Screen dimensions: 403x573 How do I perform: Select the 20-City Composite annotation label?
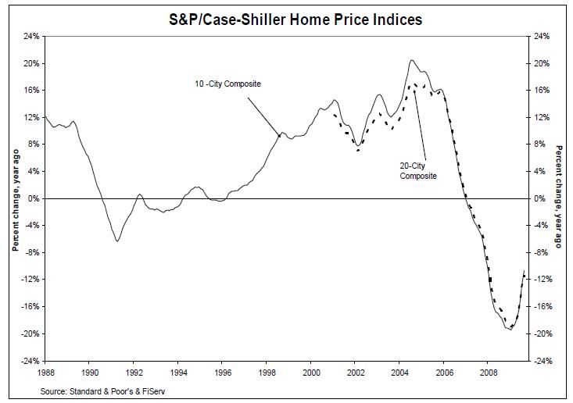pyautogui.click(x=416, y=170)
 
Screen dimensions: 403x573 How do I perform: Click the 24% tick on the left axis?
pyautogui.click(x=30, y=36)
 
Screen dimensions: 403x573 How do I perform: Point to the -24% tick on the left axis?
pyautogui.click(x=29, y=361)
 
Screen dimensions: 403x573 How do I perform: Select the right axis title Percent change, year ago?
pyautogui.click(x=560, y=198)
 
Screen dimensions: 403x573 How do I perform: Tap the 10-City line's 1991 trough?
pyautogui.click(x=117, y=241)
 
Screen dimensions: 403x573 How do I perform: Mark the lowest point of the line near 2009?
pyautogui.click(x=510, y=330)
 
